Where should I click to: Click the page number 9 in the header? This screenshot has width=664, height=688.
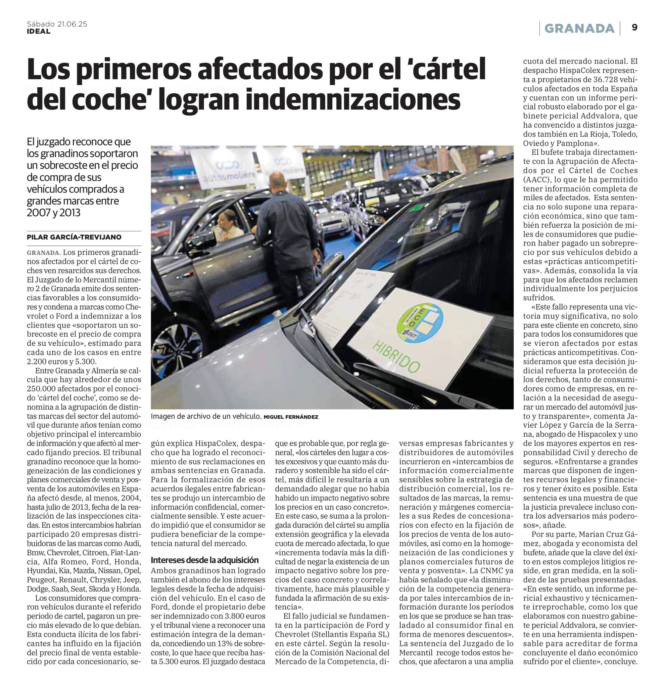pos(634,28)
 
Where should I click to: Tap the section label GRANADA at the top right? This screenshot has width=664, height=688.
pos(579,28)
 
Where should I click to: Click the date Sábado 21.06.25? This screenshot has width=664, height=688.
pos(57,24)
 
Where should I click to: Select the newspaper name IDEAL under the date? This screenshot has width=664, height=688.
pos(39,31)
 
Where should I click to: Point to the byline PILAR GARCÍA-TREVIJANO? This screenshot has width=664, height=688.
pos(74,237)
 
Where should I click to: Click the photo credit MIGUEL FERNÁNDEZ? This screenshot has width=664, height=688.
pos(291,417)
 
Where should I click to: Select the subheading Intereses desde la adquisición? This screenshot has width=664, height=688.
pos(204,560)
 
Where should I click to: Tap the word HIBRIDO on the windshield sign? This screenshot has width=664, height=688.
pos(395,357)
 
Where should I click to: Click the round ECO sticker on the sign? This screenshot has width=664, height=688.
pos(420,323)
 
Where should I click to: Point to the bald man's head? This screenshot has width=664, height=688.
pos(277,181)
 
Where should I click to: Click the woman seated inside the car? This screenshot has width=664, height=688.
pos(228,225)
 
